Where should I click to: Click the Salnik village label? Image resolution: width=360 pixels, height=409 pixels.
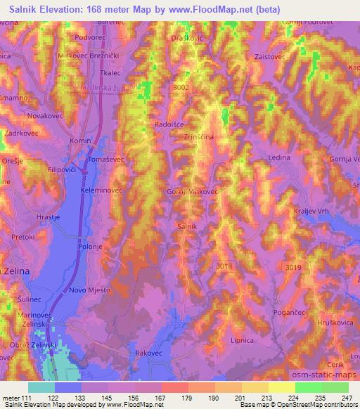point(186,226)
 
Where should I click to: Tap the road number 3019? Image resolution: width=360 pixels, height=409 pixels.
point(294,266)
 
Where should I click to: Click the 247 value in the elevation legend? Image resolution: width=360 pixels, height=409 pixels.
point(347,398)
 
